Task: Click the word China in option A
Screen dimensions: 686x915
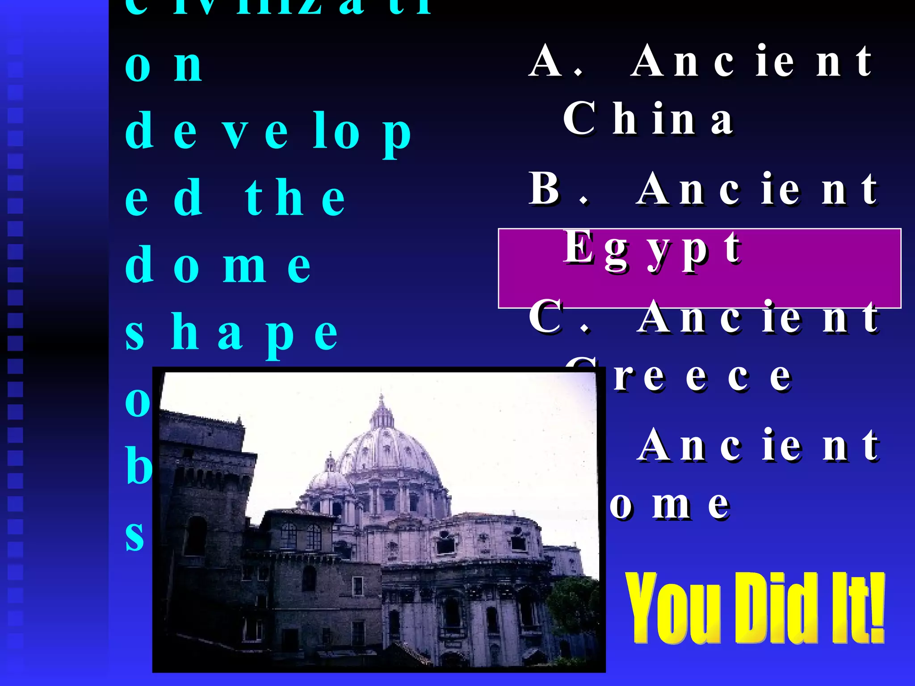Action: [x=648, y=118]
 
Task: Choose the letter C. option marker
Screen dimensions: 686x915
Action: [x=558, y=317]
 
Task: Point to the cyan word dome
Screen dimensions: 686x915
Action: [x=218, y=265]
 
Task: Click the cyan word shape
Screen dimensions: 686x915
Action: [x=231, y=333]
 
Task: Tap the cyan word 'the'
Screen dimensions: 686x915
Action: [x=295, y=198]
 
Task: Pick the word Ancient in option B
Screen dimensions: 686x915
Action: [x=757, y=189]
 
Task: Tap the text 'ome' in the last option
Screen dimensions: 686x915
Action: [x=670, y=505]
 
